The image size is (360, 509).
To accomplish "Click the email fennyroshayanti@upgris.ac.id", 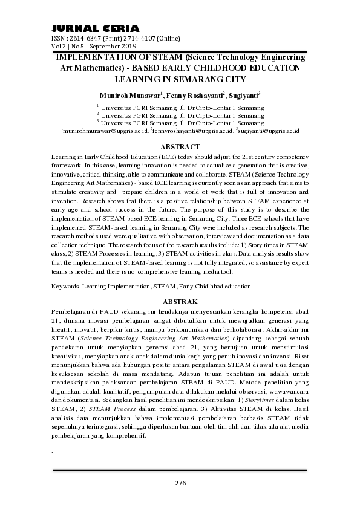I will coord(194,131).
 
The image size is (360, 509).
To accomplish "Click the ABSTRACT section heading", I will coord(180,147).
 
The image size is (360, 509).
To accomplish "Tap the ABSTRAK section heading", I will coord(180,301).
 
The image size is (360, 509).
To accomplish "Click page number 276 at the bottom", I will coord(180,482).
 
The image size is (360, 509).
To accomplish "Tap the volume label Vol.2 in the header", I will coord(57,45).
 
